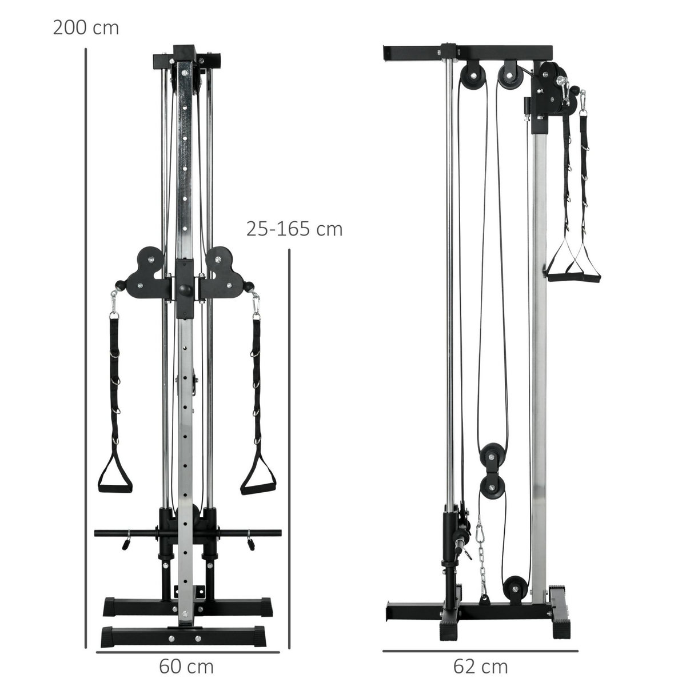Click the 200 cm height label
(86, 27)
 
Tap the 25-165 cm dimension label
(294, 229)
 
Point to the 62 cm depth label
(480, 667)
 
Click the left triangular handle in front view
(116, 475)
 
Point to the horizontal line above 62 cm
(480, 651)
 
